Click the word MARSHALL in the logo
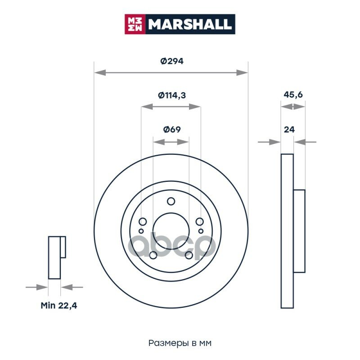[x=189, y=24]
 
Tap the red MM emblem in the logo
[x=135, y=24]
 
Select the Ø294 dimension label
[x=172, y=61]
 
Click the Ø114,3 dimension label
[x=172, y=95]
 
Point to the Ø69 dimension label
[x=172, y=130]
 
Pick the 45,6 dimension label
[x=293, y=94]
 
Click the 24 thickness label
[x=289, y=130]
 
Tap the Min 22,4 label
[x=59, y=306]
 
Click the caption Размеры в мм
[x=180, y=343]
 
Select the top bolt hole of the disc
[x=171, y=201]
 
